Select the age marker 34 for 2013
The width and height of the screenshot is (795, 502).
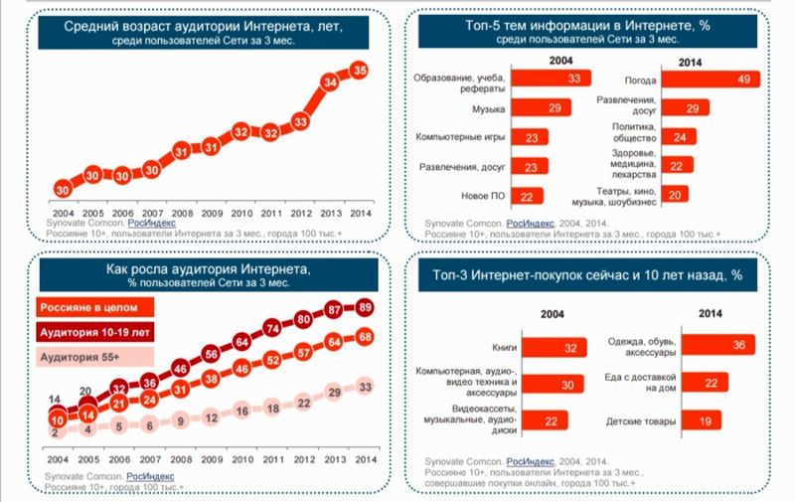click(x=330, y=82)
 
